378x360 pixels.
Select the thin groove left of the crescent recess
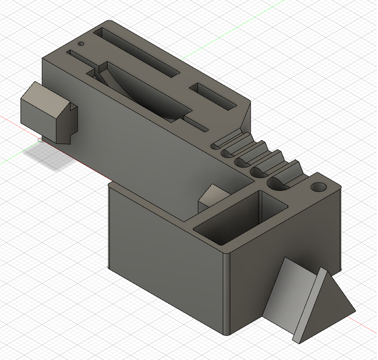79,57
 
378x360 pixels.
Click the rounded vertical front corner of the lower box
227,292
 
